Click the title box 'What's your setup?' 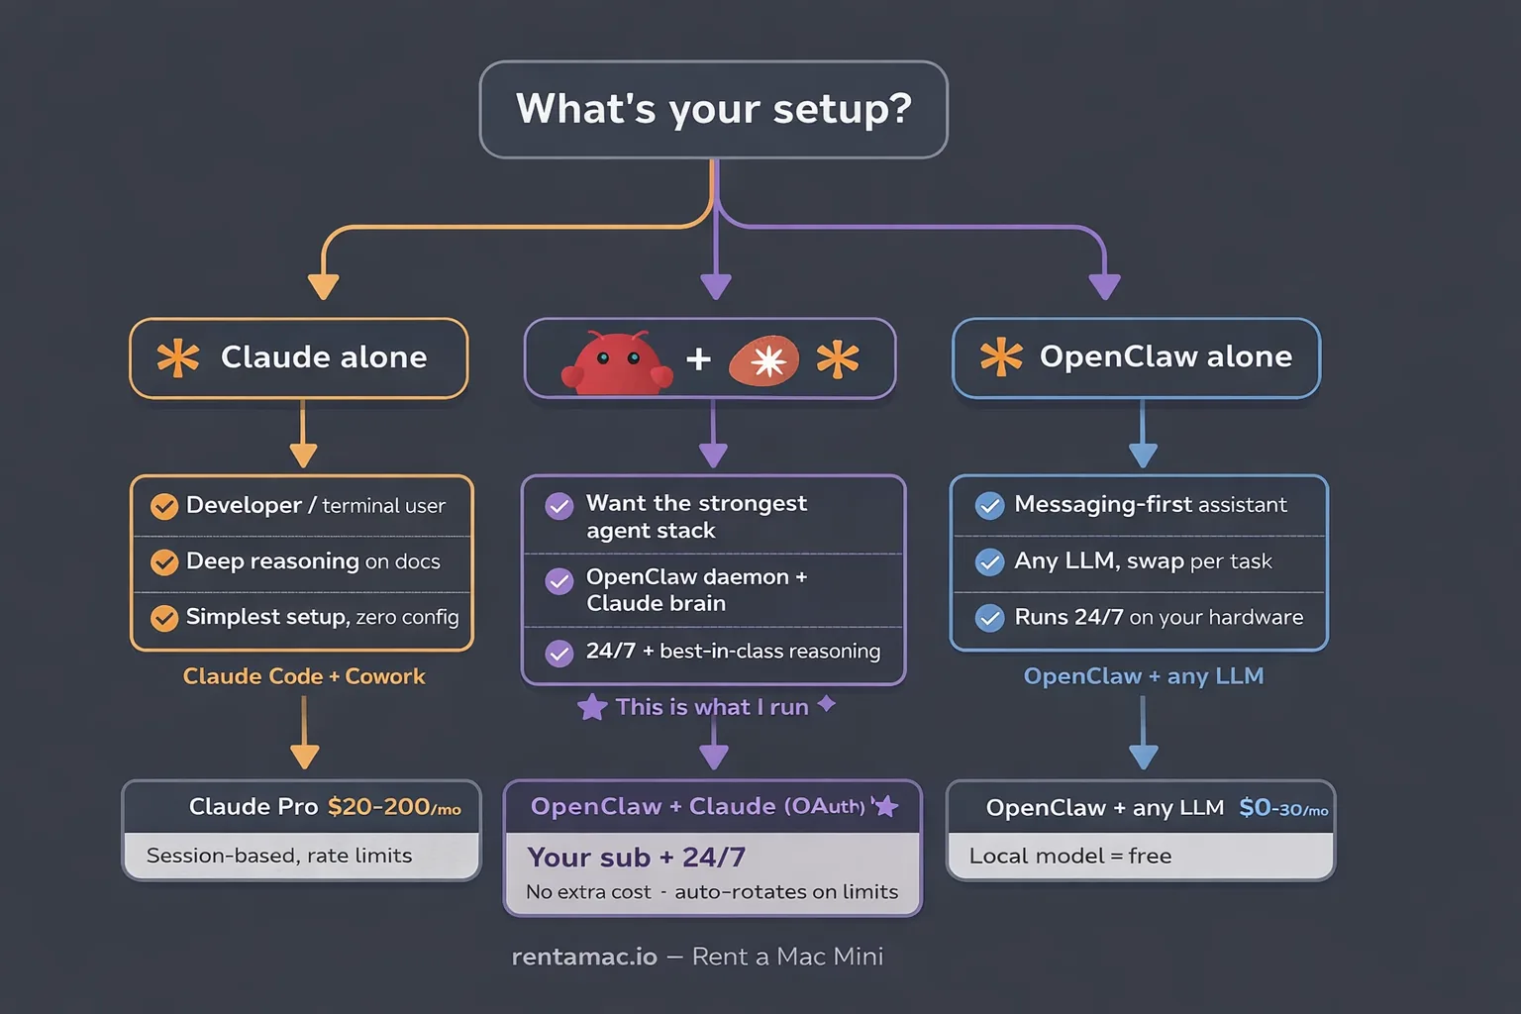pyautogui.click(x=713, y=109)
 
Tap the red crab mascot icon pyautogui.click(x=617, y=363)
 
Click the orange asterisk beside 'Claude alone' pyautogui.click(x=178, y=357)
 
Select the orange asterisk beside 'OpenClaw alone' pyautogui.click(x=1001, y=356)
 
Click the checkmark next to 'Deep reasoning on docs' pyautogui.click(x=164, y=562)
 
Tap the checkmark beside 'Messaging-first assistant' pyautogui.click(x=989, y=506)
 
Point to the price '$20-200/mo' pyautogui.click(x=393, y=807)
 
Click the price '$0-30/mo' pyautogui.click(x=1282, y=808)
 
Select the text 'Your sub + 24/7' pyautogui.click(x=636, y=857)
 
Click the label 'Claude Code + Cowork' pyautogui.click(x=304, y=676)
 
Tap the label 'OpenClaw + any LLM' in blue pyautogui.click(x=1143, y=676)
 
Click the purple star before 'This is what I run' pyautogui.click(x=592, y=707)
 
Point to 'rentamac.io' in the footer pyautogui.click(x=584, y=957)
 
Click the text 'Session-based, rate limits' pyautogui.click(x=279, y=856)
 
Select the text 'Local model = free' pyautogui.click(x=1069, y=856)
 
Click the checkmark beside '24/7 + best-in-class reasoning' pyautogui.click(x=559, y=654)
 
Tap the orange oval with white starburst pyautogui.click(x=764, y=361)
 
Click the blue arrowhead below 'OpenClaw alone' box pyautogui.click(x=1143, y=455)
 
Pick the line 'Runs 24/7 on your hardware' pyautogui.click(x=1158, y=617)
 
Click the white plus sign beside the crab pyautogui.click(x=698, y=358)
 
